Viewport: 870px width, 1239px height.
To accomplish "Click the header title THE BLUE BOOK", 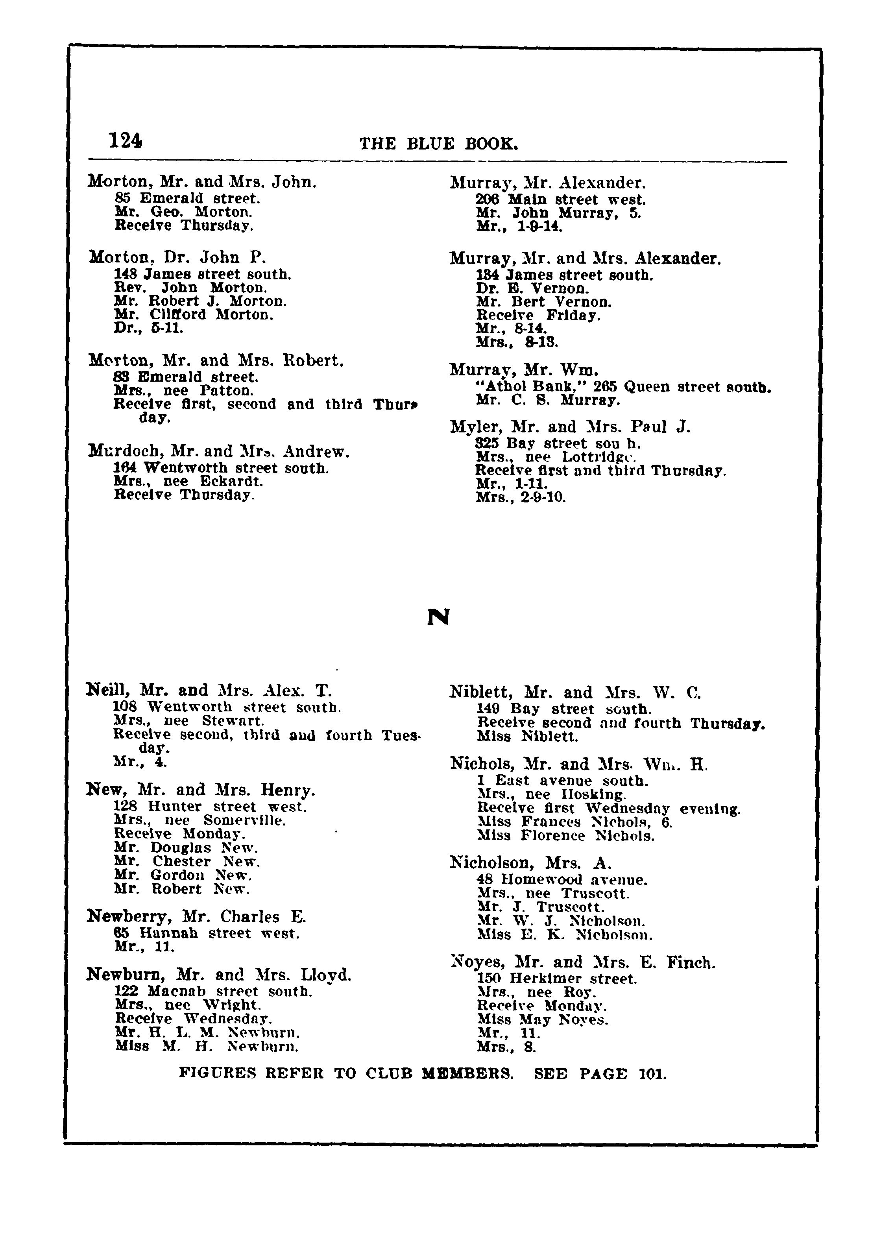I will [x=439, y=144].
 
